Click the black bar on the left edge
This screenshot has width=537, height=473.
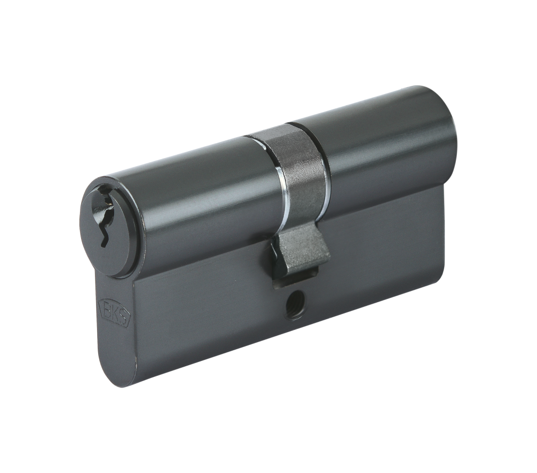pos(16,237)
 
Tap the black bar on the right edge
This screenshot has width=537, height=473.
pos(520,237)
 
